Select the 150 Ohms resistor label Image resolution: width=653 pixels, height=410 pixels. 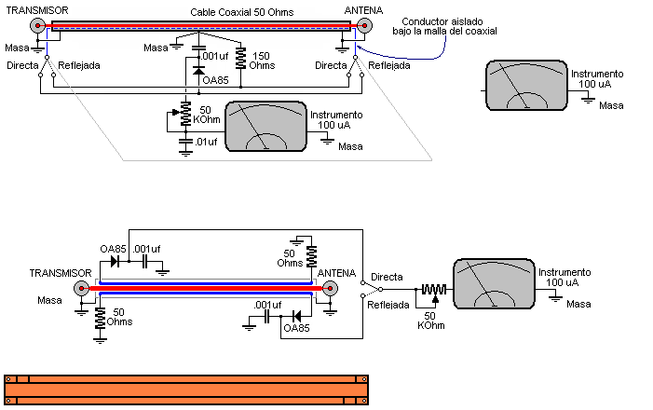[x=263, y=61]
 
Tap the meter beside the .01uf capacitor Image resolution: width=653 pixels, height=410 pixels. [x=266, y=126]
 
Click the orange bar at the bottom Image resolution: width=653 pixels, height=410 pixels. [x=186, y=389]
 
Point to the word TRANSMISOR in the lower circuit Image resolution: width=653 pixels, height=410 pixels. [x=61, y=273]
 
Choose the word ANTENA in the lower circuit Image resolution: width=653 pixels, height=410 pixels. [x=337, y=273]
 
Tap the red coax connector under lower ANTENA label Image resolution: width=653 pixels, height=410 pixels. [x=328, y=289]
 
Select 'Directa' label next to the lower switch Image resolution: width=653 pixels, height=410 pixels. [x=387, y=277]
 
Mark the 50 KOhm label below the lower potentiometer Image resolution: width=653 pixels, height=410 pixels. [x=431, y=320]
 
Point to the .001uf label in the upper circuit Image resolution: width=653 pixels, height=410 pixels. [x=215, y=56]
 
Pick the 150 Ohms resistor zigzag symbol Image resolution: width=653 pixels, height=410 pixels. [x=241, y=59]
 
